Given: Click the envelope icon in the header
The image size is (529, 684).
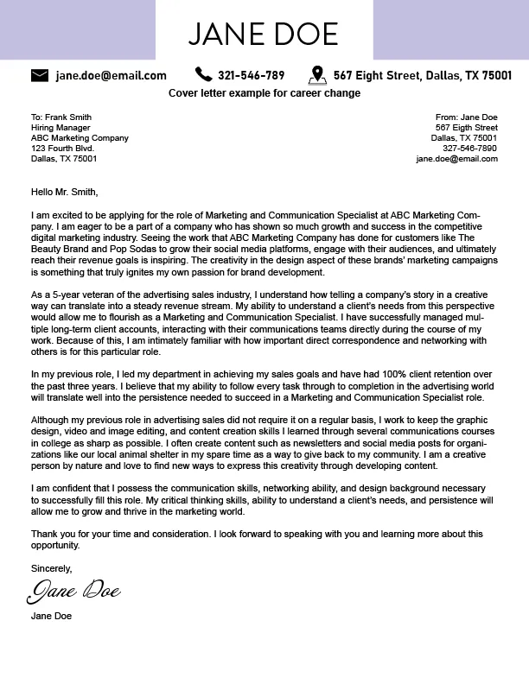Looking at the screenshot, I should click(x=40, y=75).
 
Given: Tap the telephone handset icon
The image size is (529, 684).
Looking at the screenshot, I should click(x=203, y=74).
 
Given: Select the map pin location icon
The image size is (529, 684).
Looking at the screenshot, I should click(x=316, y=75).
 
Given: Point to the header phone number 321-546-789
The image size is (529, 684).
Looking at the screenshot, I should click(x=251, y=75).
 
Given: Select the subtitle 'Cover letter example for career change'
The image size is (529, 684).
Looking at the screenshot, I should click(x=264, y=93).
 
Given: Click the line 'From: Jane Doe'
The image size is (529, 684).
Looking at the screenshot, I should click(x=466, y=117).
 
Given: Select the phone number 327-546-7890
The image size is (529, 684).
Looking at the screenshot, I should click(x=469, y=149).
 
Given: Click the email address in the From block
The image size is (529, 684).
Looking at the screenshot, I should click(x=456, y=159).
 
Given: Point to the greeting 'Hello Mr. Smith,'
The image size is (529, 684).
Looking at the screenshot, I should click(x=65, y=192).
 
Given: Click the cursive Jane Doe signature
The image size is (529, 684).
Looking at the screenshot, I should click(x=73, y=592).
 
